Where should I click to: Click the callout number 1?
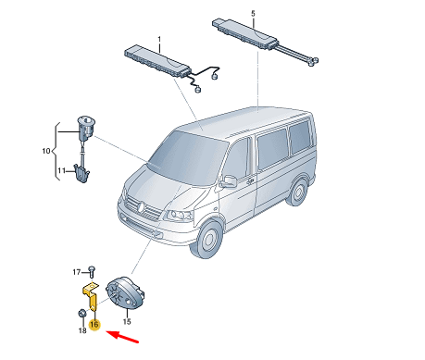[159, 40]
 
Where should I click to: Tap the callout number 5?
[253, 14]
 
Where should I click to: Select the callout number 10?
[46, 151]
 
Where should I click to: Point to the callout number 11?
[61, 170]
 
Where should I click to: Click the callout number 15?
[127, 321]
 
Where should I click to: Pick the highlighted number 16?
[94, 325]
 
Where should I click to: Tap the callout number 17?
[77, 272]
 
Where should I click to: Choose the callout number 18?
[82, 330]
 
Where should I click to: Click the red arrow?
[122, 336]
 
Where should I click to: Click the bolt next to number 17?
[92, 271]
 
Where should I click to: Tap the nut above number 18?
[81, 314]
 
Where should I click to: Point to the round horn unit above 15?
[125, 292]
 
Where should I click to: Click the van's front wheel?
[208, 239]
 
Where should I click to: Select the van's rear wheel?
[297, 192]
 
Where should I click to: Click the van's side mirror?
[229, 181]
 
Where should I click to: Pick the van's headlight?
[180, 216]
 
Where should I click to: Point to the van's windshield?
[187, 157]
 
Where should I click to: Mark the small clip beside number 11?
[81, 174]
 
